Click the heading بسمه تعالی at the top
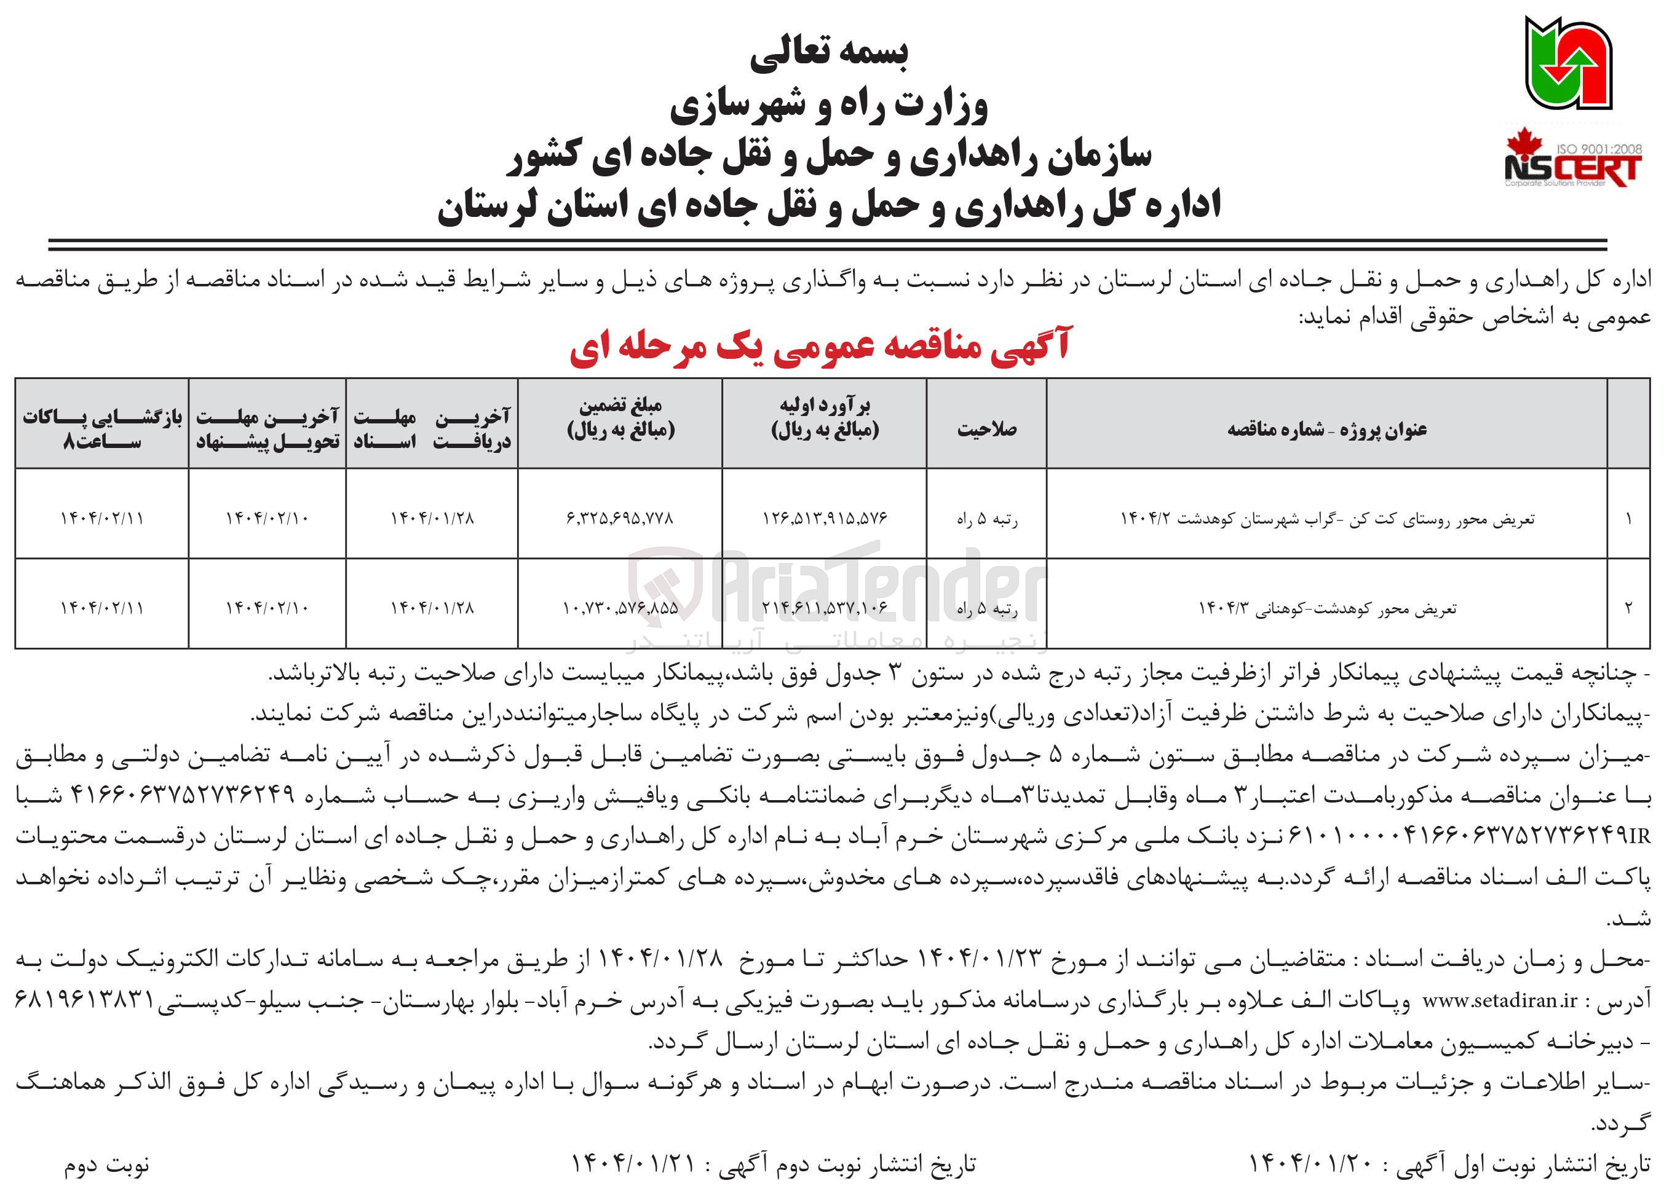point(829,52)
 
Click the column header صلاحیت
point(986,429)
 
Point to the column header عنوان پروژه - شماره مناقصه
point(1326,429)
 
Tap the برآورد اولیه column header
point(825,418)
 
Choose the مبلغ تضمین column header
point(620,418)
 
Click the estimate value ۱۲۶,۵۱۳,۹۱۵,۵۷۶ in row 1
point(825,518)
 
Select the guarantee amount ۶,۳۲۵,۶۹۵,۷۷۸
point(620,518)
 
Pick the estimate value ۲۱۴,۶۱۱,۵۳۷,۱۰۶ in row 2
point(825,608)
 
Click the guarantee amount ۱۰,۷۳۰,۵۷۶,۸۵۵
point(620,608)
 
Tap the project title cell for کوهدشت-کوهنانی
point(1326,608)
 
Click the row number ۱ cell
point(1628,518)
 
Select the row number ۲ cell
point(1628,608)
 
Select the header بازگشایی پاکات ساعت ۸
point(101,429)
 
